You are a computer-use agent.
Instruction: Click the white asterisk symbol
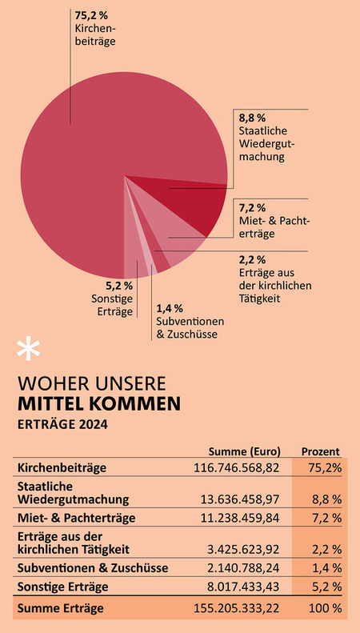pyautogui.click(x=28, y=350)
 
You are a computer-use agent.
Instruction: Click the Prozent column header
pyautogui.click(x=320, y=451)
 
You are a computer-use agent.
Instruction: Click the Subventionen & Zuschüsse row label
pyautogui.click(x=91, y=568)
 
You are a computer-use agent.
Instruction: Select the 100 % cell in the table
pyautogui.click(x=326, y=609)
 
